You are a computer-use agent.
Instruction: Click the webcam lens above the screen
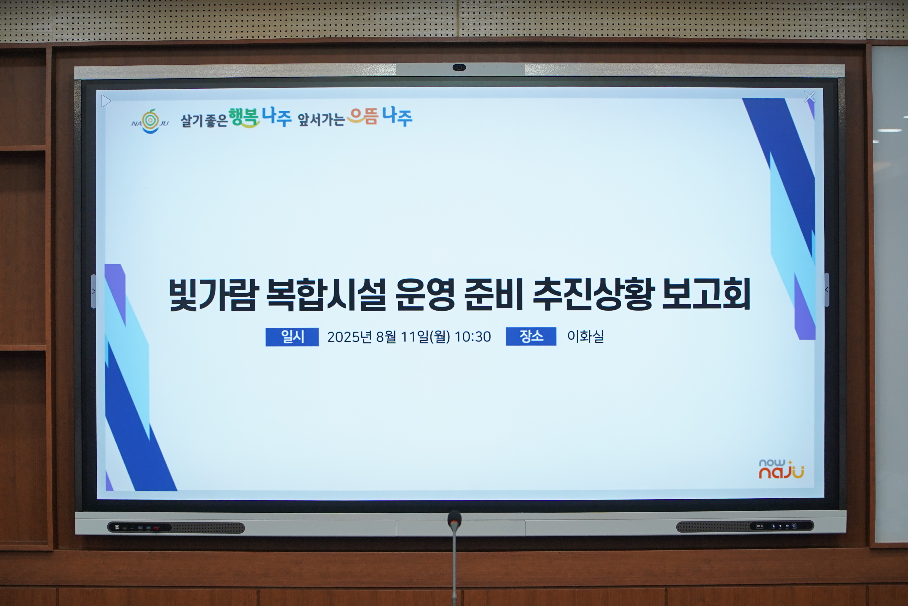[459, 68]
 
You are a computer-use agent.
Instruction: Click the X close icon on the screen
[809, 97]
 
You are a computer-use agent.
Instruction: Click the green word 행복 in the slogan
[244, 118]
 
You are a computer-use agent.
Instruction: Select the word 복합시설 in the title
[326, 294]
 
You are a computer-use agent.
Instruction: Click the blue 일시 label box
[292, 337]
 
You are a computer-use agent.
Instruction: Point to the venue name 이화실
[585, 336]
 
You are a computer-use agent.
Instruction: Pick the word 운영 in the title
[425, 294]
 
